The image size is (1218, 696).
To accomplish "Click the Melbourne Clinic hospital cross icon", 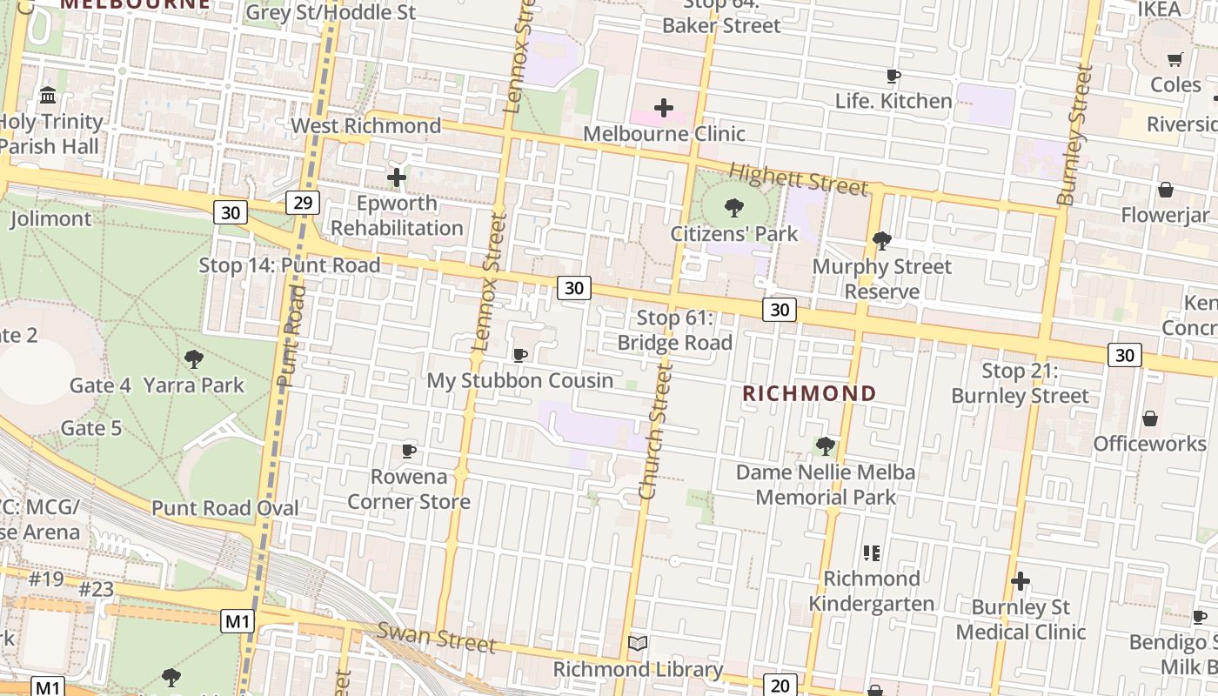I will pos(664,108).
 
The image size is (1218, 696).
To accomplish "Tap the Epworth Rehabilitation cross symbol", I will pos(397,177).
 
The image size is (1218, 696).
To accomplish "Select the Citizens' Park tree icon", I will pos(734,207).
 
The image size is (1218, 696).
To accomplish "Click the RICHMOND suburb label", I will pos(809,393).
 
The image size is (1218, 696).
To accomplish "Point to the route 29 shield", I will pos(303,203).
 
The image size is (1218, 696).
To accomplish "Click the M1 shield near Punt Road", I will pos(238,621).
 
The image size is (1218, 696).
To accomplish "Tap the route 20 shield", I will pos(780,685).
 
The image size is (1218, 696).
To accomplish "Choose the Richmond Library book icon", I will pos(638,644).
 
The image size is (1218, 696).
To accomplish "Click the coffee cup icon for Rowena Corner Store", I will pos(409,451).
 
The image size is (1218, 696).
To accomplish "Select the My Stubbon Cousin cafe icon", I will pos(520,355).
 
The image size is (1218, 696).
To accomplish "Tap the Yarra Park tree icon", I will pos(194,358).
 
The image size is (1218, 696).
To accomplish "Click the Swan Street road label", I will pos(436,639).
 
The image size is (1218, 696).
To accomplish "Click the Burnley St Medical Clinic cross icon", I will pos(1021,581).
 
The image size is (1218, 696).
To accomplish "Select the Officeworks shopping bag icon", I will pos(1150,418).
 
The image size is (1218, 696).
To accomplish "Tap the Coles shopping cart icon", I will pos(1175,59).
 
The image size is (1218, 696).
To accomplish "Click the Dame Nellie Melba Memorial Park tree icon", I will pos(826,446).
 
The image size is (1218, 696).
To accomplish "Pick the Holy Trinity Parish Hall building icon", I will pos(48,95).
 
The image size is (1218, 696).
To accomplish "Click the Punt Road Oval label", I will pos(225,508).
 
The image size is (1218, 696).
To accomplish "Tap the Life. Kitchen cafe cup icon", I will pos(893,76).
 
